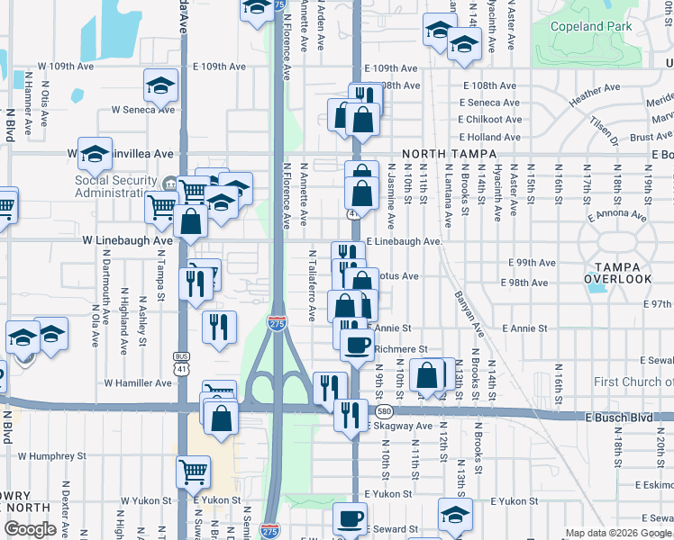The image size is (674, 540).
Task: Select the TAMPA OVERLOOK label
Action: [x=617, y=273]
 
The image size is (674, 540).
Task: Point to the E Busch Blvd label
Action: [x=617, y=418]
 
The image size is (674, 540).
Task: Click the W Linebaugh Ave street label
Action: [x=127, y=241]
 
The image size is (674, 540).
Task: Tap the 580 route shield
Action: [x=384, y=411]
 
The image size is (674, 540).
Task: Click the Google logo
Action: [x=30, y=528]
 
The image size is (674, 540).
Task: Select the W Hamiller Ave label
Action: [x=138, y=382]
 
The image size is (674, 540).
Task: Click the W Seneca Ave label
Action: [x=142, y=109]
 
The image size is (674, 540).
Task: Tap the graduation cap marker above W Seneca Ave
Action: [x=160, y=86]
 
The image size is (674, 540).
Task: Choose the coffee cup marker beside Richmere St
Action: [x=358, y=345]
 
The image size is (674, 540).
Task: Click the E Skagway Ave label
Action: [x=399, y=426]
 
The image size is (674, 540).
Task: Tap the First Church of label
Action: [x=633, y=382]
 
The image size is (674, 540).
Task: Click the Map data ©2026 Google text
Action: [x=618, y=533]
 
